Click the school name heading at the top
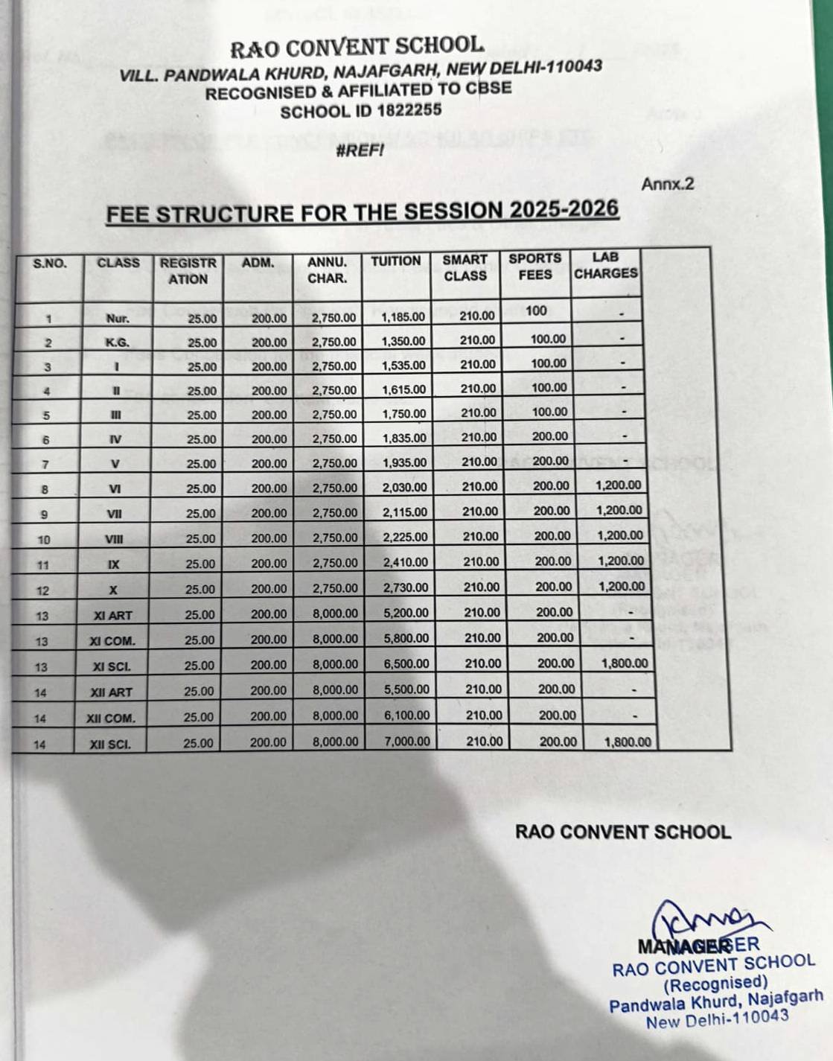point(357,48)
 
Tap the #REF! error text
point(360,150)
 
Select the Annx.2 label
point(667,183)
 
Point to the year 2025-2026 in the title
point(564,209)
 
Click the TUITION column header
point(396,261)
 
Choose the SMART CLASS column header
point(465,267)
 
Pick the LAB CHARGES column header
point(605,265)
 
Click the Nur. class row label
point(118,319)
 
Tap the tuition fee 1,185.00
point(403,317)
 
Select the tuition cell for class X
point(406,587)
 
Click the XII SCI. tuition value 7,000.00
point(407,741)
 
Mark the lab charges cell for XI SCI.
point(624,663)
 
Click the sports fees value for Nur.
point(536,310)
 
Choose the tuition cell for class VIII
point(405,537)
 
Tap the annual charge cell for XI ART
point(335,614)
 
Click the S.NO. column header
point(50,263)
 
